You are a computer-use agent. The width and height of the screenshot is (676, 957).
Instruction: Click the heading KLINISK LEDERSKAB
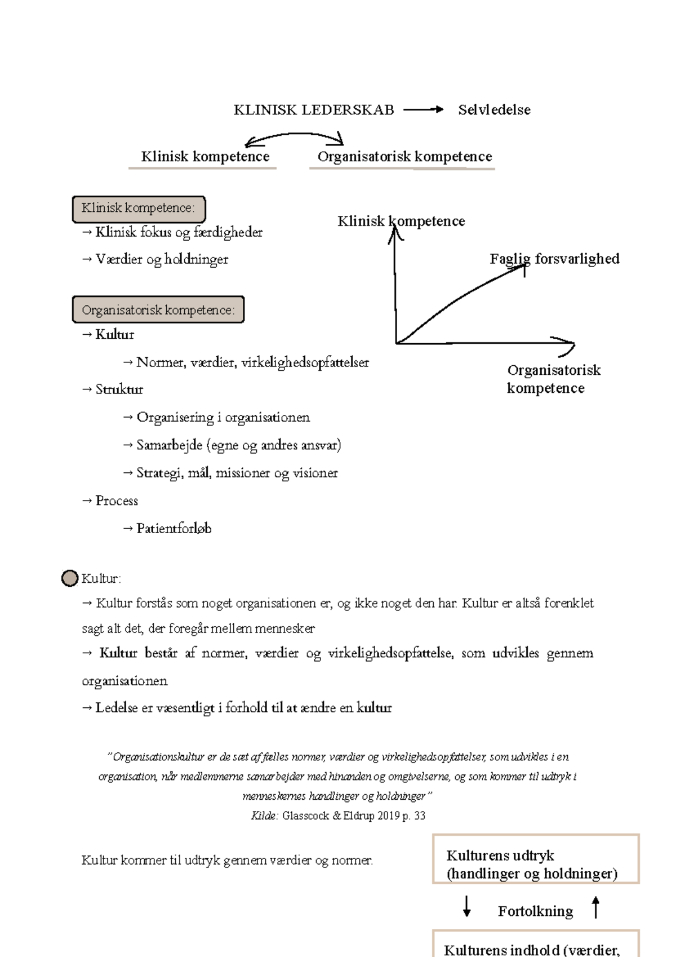[x=314, y=110]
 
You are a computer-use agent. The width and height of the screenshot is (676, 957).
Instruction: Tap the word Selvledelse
[x=494, y=110]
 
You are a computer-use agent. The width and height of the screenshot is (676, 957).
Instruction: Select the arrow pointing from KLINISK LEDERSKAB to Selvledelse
[x=424, y=110]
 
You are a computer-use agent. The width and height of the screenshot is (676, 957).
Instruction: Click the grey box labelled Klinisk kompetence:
[x=139, y=209]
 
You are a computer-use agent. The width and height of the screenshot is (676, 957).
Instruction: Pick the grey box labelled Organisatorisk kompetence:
[x=158, y=310]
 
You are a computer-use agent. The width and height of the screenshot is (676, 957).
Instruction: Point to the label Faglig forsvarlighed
[x=554, y=259]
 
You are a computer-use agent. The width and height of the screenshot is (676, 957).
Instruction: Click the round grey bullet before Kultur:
[x=69, y=578]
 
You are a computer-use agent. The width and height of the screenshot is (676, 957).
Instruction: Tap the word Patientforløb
[x=174, y=529]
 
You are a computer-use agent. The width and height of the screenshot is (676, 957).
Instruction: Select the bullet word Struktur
[x=119, y=389]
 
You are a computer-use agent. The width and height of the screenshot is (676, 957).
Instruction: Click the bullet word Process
[x=117, y=501]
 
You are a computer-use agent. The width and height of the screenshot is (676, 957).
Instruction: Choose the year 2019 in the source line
[x=388, y=816]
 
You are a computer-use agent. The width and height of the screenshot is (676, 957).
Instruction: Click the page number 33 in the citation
[x=420, y=816]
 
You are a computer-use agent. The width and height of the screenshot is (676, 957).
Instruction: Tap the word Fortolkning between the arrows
[x=535, y=911]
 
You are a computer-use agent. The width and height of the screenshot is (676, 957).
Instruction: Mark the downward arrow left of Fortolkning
[x=466, y=907]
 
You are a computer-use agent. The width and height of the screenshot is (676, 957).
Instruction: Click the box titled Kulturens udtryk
[x=536, y=858]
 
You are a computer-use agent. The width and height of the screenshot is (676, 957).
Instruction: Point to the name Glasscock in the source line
[x=306, y=816]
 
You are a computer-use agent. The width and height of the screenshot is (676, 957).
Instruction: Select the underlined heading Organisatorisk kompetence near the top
[x=404, y=157]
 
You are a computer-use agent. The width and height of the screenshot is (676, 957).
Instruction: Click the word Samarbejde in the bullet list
[x=170, y=445]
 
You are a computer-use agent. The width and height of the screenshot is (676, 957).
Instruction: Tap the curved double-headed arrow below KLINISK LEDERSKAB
[x=295, y=137]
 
